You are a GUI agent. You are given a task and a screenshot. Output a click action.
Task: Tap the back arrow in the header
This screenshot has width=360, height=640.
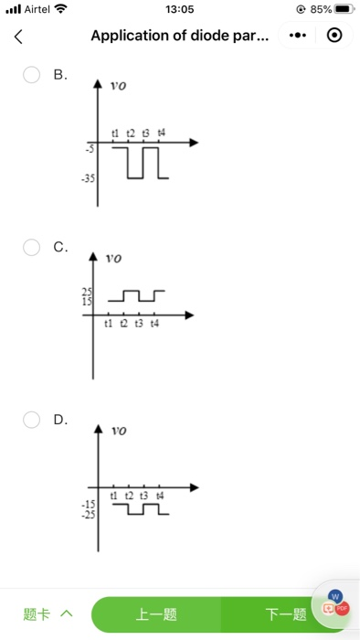[x=17, y=37]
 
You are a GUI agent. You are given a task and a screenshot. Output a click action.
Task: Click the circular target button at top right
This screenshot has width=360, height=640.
[x=334, y=37]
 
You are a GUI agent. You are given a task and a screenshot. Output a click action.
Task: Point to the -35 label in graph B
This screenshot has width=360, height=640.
[x=88, y=180]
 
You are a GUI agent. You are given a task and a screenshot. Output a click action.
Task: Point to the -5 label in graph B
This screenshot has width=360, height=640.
[x=90, y=147]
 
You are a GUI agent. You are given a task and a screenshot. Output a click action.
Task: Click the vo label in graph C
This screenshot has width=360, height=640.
[x=113, y=259]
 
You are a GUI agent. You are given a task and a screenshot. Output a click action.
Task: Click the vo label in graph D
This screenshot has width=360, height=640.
[x=119, y=430]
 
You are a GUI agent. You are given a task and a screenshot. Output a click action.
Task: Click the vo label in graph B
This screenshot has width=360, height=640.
[x=118, y=86]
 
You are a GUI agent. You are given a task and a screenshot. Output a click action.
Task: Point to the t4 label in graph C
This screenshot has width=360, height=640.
[x=154, y=324]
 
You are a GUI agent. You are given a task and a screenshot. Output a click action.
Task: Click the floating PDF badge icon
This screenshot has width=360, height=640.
[x=342, y=607]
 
